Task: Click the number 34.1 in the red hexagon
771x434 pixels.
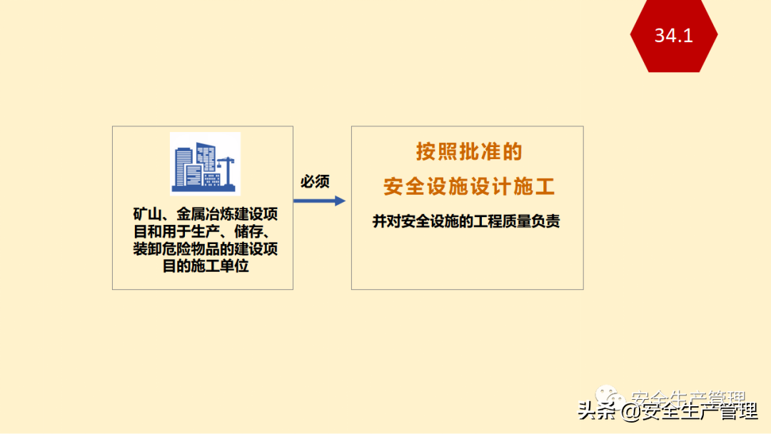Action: click(x=673, y=35)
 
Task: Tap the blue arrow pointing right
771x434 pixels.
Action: click(x=319, y=201)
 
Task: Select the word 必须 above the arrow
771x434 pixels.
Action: click(x=315, y=181)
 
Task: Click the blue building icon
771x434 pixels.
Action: click(x=205, y=163)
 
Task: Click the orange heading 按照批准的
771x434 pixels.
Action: click(x=469, y=152)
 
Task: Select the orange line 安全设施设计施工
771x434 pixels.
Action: click(x=469, y=187)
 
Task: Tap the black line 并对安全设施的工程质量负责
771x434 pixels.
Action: click(x=466, y=221)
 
